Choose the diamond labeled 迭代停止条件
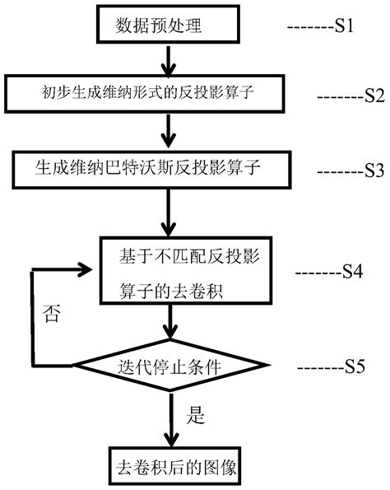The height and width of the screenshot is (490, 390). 169,362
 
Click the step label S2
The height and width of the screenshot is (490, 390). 374,94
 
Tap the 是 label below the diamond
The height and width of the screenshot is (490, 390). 197,416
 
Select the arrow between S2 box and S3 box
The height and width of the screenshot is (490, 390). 169,129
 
